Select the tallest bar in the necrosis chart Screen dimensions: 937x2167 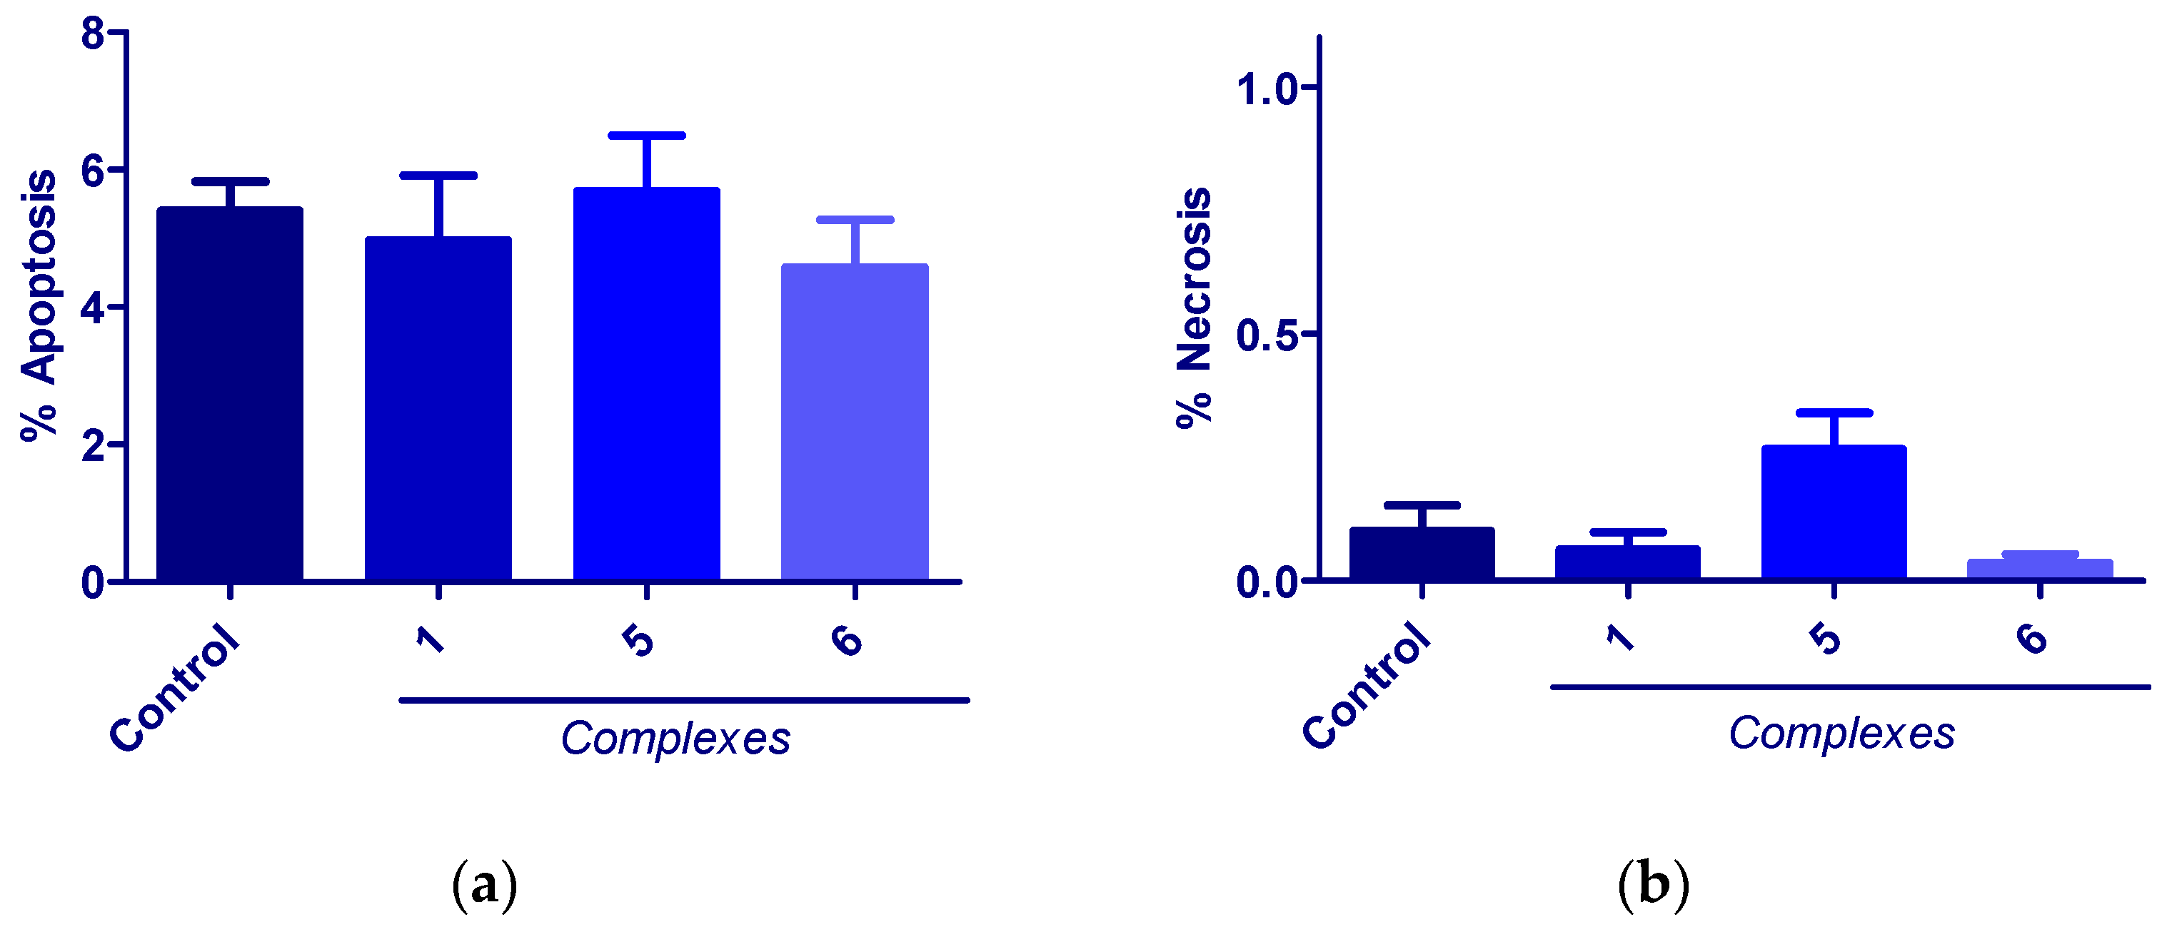(1834, 512)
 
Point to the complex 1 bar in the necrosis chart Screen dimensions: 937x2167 (1628, 563)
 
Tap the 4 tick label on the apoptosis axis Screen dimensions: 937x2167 (94, 308)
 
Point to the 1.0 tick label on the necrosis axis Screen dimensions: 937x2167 (1267, 88)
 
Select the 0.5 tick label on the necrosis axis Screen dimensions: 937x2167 (1267, 335)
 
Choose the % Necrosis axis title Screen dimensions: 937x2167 (1194, 308)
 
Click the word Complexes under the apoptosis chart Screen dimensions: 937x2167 (675, 739)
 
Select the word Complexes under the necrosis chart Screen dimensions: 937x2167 (1841, 733)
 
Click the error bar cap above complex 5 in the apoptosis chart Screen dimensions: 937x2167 (646, 136)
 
